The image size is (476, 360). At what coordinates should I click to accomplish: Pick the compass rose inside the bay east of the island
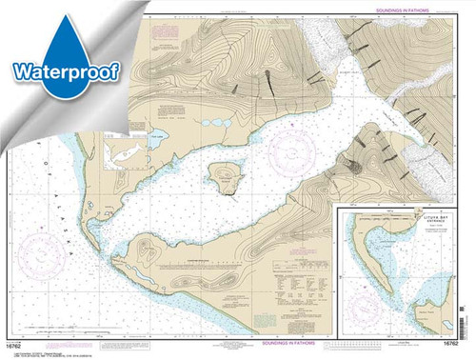point(289,150)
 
